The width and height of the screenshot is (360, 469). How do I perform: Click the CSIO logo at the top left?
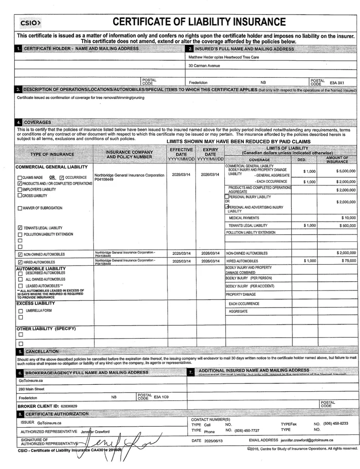coord(30,23)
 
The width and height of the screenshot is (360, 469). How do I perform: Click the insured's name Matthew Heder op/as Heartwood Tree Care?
coord(224,57)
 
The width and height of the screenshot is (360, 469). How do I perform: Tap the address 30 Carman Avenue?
coord(204,66)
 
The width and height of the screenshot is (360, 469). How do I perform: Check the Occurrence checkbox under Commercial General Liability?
coord(62,178)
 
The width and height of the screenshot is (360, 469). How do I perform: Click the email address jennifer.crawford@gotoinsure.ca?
coord(307,440)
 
